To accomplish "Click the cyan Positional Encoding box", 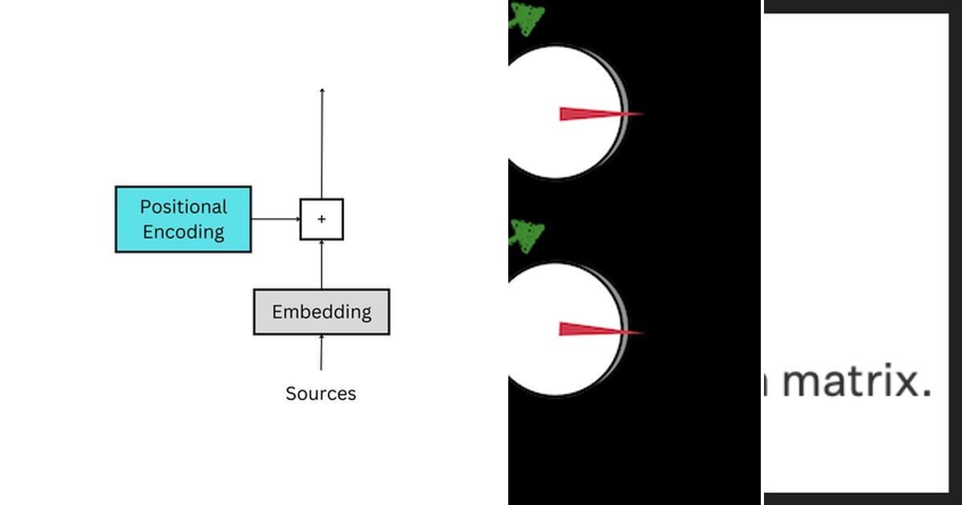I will pos(183,219).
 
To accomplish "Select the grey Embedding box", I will pos(321,312).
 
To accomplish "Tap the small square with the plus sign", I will pos(321,219).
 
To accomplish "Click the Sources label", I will pos(321,394).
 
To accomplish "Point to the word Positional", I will pos(184,207).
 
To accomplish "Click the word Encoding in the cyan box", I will pos(184,232).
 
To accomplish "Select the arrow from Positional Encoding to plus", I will pos(275,219).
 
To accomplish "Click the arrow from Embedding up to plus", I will pos(321,265).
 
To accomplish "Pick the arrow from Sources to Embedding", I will pos(321,353).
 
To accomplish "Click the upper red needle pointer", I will pos(597,114).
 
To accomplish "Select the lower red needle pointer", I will pos(597,329).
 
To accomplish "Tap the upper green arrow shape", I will pos(527,18).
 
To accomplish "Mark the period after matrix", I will pos(926,394).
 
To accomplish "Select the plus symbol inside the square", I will pos(321,219).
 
